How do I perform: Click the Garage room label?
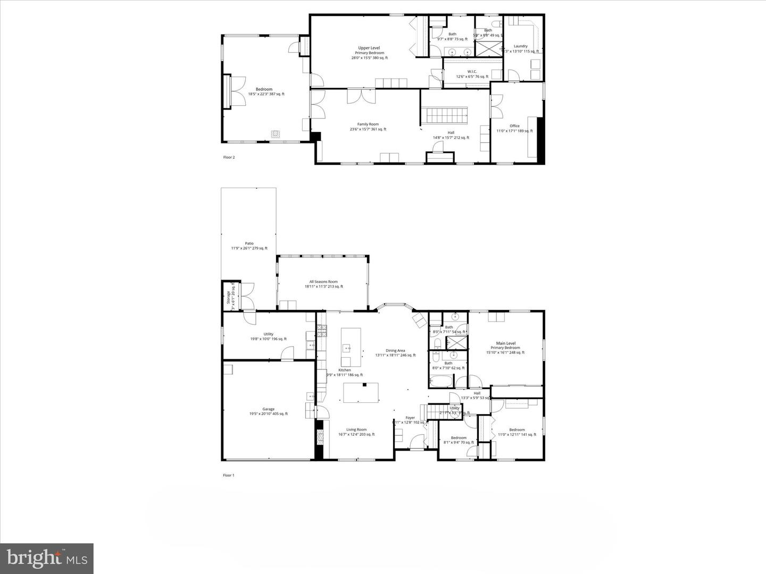point(268,411)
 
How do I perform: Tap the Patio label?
point(249,246)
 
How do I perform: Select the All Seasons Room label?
point(323,284)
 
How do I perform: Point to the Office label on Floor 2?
point(514,128)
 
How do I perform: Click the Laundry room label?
point(520,48)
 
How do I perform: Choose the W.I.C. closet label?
point(472,74)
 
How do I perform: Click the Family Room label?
point(368,126)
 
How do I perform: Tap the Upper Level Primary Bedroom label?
point(369,53)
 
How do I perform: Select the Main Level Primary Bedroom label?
point(505,348)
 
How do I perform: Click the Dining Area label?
point(395,353)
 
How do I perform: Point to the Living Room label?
point(356,432)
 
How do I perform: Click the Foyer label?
point(410,420)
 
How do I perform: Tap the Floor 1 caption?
point(228,475)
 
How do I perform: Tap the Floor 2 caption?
point(228,157)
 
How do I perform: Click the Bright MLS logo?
point(47,558)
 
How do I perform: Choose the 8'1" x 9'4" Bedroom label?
point(459,440)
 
